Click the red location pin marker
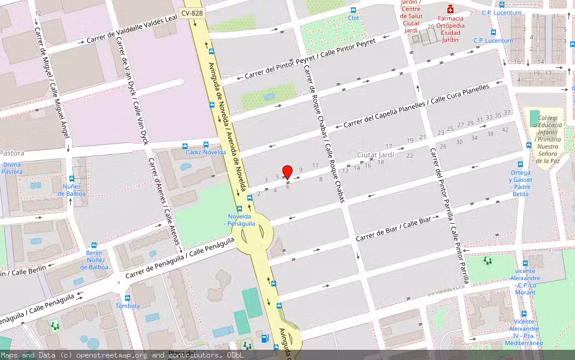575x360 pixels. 287,172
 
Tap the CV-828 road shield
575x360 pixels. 191,13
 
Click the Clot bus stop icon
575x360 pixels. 353,10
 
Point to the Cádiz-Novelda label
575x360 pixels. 205,152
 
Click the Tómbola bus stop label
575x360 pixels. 127,306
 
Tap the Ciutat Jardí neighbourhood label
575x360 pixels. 375,155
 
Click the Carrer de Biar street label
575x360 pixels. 394,231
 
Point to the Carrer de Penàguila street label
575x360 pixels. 180,259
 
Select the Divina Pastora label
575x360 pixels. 12,167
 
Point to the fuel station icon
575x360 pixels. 265,338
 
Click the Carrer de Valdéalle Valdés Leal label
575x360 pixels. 132,30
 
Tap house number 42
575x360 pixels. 505,130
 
